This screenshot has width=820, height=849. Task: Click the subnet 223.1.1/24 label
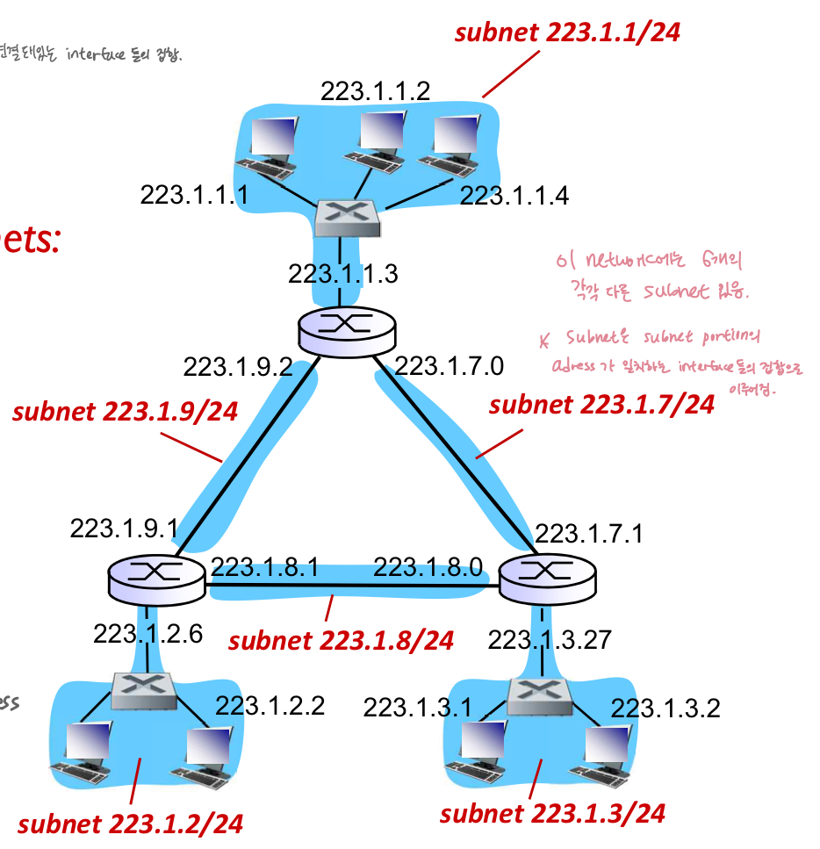pyautogui.click(x=567, y=33)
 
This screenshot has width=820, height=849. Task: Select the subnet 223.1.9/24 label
pyautogui.click(x=125, y=412)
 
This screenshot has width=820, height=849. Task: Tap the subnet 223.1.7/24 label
pyautogui.click(x=601, y=405)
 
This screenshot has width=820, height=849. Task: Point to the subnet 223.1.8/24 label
pyautogui.click(x=341, y=640)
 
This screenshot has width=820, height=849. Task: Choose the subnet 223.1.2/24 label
pyautogui.click(x=130, y=824)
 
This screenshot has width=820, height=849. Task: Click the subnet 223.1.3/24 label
pyautogui.click(x=552, y=813)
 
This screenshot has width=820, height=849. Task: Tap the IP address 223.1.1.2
pyautogui.click(x=375, y=91)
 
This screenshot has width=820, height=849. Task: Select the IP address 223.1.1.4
pyautogui.click(x=514, y=195)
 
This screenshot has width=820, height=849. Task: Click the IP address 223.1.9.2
pyautogui.click(x=237, y=366)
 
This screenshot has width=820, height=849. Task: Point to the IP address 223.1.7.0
pyautogui.click(x=450, y=365)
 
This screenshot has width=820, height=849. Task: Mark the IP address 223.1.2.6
pyautogui.click(x=147, y=633)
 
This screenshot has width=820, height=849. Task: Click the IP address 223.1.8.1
pyautogui.click(x=264, y=567)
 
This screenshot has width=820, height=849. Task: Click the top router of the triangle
pyautogui.click(x=347, y=329)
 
